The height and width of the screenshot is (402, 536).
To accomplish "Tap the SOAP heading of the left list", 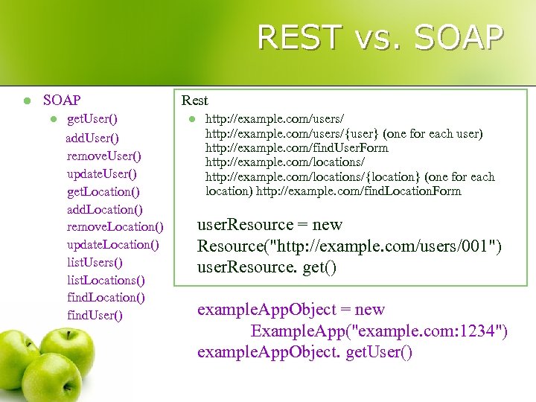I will (x=62, y=100).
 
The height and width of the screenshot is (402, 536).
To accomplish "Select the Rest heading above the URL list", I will (x=195, y=100).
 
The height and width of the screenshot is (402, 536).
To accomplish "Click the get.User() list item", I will (x=92, y=118).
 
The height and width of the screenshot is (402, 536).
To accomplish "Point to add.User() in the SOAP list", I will (x=92, y=138).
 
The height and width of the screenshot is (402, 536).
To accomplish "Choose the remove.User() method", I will (x=103, y=156).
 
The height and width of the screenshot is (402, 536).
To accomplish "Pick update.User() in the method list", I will (x=102, y=173).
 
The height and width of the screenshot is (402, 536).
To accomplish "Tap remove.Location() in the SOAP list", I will (x=115, y=226).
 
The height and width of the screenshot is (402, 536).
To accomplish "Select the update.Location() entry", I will (x=113, y=244).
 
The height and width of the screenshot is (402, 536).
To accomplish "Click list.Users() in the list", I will (x=95, y=262).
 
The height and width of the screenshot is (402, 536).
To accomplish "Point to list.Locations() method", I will (x=106, y=280).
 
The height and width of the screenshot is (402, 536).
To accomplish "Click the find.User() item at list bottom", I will (x=95, y=315).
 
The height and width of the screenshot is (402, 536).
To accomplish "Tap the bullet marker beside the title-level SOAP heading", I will (x=25, y=100).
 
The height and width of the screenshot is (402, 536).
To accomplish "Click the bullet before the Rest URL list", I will (x=191, y=119).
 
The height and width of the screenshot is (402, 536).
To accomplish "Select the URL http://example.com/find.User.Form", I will (x=297, y=147).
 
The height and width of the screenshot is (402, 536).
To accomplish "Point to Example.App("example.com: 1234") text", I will (x=380, y=331).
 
